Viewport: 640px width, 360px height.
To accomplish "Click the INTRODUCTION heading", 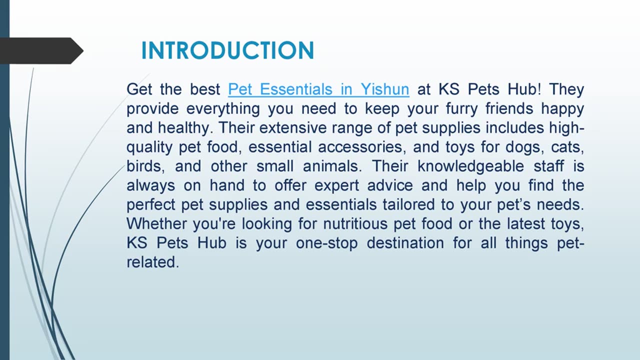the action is pos(227,50).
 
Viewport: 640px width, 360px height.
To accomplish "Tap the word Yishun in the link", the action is pos(384,89).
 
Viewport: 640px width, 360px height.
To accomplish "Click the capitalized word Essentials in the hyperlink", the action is pos(296,89).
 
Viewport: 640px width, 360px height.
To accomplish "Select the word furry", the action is pos(461,109).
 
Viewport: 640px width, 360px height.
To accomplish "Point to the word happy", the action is pos(562,109).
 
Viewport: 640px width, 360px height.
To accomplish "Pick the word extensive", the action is pos(293,127).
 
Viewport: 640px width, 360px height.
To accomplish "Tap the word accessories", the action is pos(362,147).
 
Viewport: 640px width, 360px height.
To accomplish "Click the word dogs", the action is pos(523,147).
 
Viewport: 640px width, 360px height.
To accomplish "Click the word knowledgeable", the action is pos(471,166).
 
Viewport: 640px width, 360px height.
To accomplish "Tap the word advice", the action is pos(390,185).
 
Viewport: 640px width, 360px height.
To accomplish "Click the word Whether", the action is pos(156,223).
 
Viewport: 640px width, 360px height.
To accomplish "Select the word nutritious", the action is pos(355,223).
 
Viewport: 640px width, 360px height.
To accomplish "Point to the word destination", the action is pos(405,243).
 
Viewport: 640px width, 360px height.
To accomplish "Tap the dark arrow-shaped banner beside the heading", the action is pos(41,50).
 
